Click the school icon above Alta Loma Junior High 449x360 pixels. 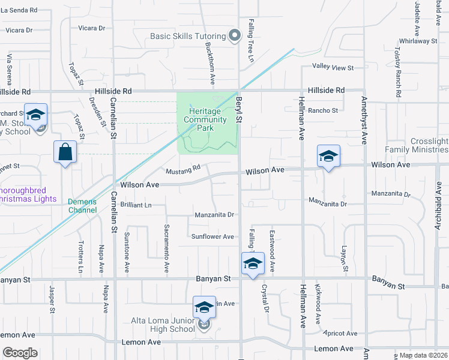(204, 307)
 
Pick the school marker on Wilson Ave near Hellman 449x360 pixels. (328, 156)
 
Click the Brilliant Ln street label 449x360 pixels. (136, 205)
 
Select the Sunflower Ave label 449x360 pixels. (212, 236)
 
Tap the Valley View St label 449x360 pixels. (333, 67)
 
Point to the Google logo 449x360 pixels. (20, 353)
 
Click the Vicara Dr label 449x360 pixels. (92, 28)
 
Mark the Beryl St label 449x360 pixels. (239, 108)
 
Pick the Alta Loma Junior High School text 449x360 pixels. (163, 325)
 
